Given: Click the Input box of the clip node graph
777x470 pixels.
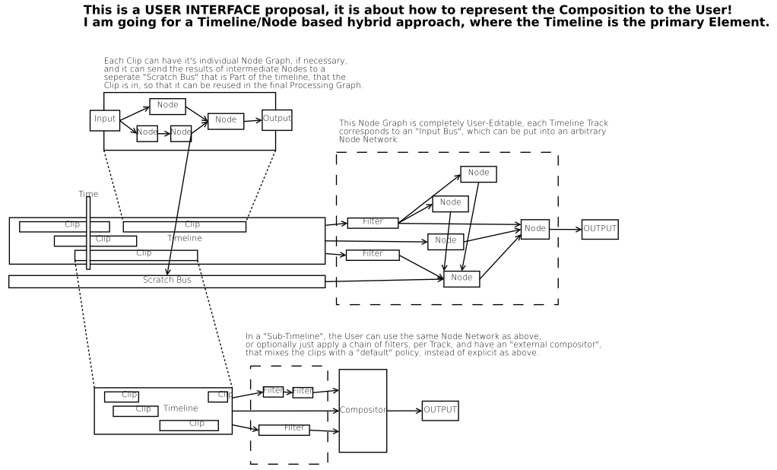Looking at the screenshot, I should pyautogui.click(x=105, y=119).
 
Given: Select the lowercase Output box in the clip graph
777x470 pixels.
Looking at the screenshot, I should pyautogui.click(x=277, y=119).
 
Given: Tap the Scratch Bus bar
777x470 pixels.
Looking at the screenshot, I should pyautogui.click(x=166, y=281).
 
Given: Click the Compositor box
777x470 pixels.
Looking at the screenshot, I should pyautogui.click(x=363, y=411).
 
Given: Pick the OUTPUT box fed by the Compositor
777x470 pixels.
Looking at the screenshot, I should pyautogui.click(x=440, y=411).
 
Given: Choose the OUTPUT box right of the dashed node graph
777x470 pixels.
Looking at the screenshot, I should pyautogui.click(x=600, y=229).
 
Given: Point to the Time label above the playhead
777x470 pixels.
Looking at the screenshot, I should pyautogui.click(x=88, y=194).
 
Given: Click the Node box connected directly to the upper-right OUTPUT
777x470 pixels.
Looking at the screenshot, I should pyautogui.click(x=534, y=229).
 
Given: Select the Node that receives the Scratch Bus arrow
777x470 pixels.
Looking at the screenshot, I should pyautogui.click(x=461, y=278).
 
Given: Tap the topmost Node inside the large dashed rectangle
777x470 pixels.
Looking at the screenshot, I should pyautogui.click(x=478, y=173).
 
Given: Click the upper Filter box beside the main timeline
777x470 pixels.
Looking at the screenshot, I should pyautogui.click(x=373, y=223).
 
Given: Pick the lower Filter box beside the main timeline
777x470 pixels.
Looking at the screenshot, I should pyautogui.click(x=373, y=254).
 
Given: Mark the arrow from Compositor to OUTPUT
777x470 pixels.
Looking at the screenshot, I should pyautogui.click(x=404, y=411).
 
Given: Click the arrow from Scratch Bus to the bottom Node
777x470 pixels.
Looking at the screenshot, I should pyautogui.click(x=384, y=280).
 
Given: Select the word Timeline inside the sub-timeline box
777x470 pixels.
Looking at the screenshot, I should pyautogui.click(x=180, y=408).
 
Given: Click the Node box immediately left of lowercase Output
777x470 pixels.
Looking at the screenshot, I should pyautogui.click(x=226, y=120).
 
